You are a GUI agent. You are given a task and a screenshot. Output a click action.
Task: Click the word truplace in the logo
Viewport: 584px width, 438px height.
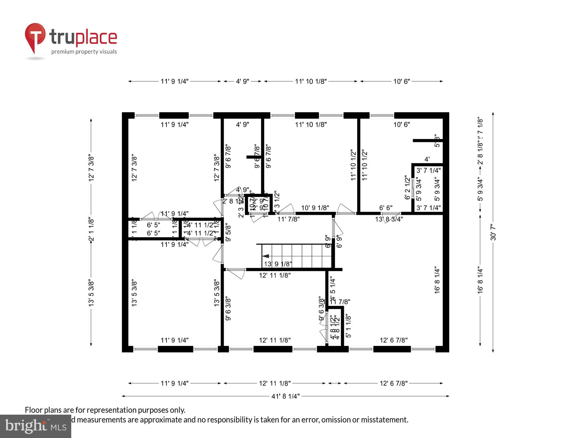coord(83,37)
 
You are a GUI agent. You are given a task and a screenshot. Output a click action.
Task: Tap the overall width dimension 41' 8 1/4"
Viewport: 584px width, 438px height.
coord(285,396)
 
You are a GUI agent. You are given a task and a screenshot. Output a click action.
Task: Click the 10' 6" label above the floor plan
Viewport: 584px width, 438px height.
coord(401,81)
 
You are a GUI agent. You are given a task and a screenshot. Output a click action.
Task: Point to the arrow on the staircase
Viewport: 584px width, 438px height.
coord(266,256)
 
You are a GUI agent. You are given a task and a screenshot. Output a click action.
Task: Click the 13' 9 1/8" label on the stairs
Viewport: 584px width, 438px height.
coord(278,264)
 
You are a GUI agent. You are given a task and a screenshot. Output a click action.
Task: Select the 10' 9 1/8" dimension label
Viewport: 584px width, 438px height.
coord(315,208)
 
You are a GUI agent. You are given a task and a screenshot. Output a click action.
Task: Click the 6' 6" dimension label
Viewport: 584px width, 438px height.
coord(385,208)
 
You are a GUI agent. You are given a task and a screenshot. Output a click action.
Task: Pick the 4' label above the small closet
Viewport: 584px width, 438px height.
coord(427,159)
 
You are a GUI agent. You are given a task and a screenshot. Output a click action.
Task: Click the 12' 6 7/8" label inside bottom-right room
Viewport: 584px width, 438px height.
coord(393,340)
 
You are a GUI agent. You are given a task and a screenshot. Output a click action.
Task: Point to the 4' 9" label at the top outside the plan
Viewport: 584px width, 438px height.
coord(242,81)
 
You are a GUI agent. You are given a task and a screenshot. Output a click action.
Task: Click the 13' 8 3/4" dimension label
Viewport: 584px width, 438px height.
coord(389,219)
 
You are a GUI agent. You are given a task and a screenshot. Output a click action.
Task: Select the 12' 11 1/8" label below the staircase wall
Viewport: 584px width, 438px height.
coord(274,275)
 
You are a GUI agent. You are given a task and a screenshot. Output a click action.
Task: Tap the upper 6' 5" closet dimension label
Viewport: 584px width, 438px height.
coord(153,225)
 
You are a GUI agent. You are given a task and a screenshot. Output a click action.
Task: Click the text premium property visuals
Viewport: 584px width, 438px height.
coord(84,52)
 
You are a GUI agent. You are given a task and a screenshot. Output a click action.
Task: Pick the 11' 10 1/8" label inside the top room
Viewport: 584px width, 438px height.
coord(311,125)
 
